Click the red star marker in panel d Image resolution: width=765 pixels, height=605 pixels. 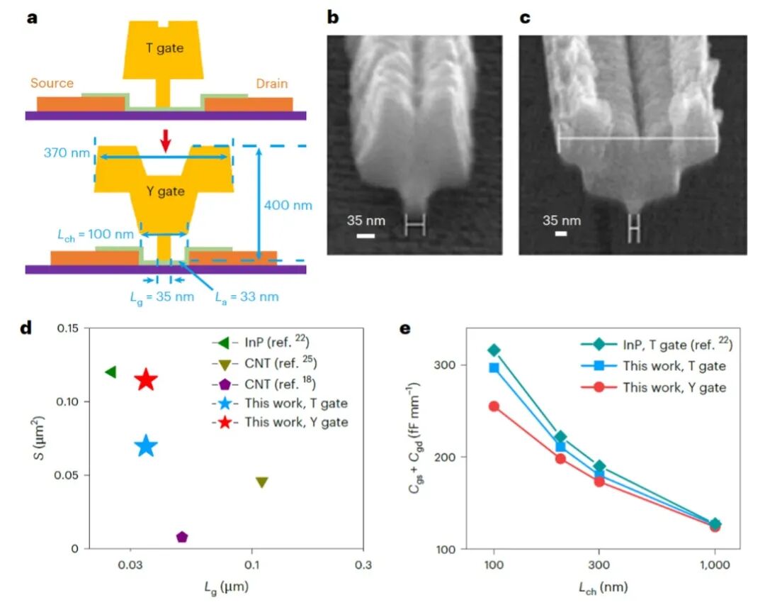pos(146,379)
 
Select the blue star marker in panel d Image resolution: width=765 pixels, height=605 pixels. pos(146,446)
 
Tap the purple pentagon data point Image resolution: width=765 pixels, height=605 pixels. pos(182,537)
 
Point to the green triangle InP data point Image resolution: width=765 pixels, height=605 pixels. pos(110,372)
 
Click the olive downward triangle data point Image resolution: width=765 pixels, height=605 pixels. pos(261,482)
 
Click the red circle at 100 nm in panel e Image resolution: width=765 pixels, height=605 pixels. pos(494,406)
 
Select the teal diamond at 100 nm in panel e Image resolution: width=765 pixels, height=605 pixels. pos(494,350)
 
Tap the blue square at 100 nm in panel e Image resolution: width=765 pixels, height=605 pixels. pos(494,367)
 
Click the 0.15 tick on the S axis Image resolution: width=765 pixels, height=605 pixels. pos(72,328)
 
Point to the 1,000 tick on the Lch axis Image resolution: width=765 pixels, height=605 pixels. pos(715,567)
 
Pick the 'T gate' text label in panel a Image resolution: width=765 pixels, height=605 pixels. pos(164,48)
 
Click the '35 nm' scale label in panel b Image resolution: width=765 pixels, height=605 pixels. pos(365,221)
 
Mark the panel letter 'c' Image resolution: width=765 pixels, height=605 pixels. pos(525,18)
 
